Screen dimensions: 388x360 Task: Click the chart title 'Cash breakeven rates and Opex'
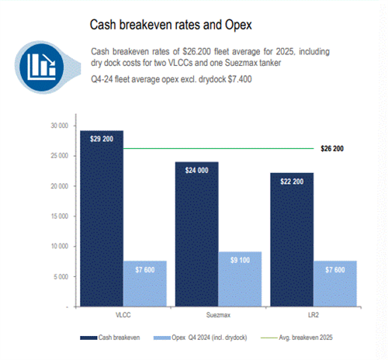171,25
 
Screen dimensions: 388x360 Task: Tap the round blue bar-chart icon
42,67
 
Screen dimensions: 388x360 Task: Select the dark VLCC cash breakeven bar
102,219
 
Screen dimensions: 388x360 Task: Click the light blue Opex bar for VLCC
145,284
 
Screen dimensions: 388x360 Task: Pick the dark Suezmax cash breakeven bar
197,234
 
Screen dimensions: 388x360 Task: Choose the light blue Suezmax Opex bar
240,279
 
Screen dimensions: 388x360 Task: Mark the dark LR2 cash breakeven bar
292,240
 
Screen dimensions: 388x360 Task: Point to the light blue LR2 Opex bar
335,284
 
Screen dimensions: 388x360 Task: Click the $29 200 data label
102,139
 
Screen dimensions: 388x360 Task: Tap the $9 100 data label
240,260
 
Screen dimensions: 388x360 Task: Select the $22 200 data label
292,182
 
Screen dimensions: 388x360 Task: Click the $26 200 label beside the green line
332,149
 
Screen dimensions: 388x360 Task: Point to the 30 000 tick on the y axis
60,126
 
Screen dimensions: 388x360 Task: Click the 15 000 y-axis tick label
60,216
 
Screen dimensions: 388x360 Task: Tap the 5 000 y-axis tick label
61,277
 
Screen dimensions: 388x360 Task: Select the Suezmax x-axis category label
218,315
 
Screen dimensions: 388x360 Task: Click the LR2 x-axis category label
314,315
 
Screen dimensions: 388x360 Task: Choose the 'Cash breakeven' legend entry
110,337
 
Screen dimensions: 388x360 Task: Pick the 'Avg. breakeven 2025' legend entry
296,337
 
